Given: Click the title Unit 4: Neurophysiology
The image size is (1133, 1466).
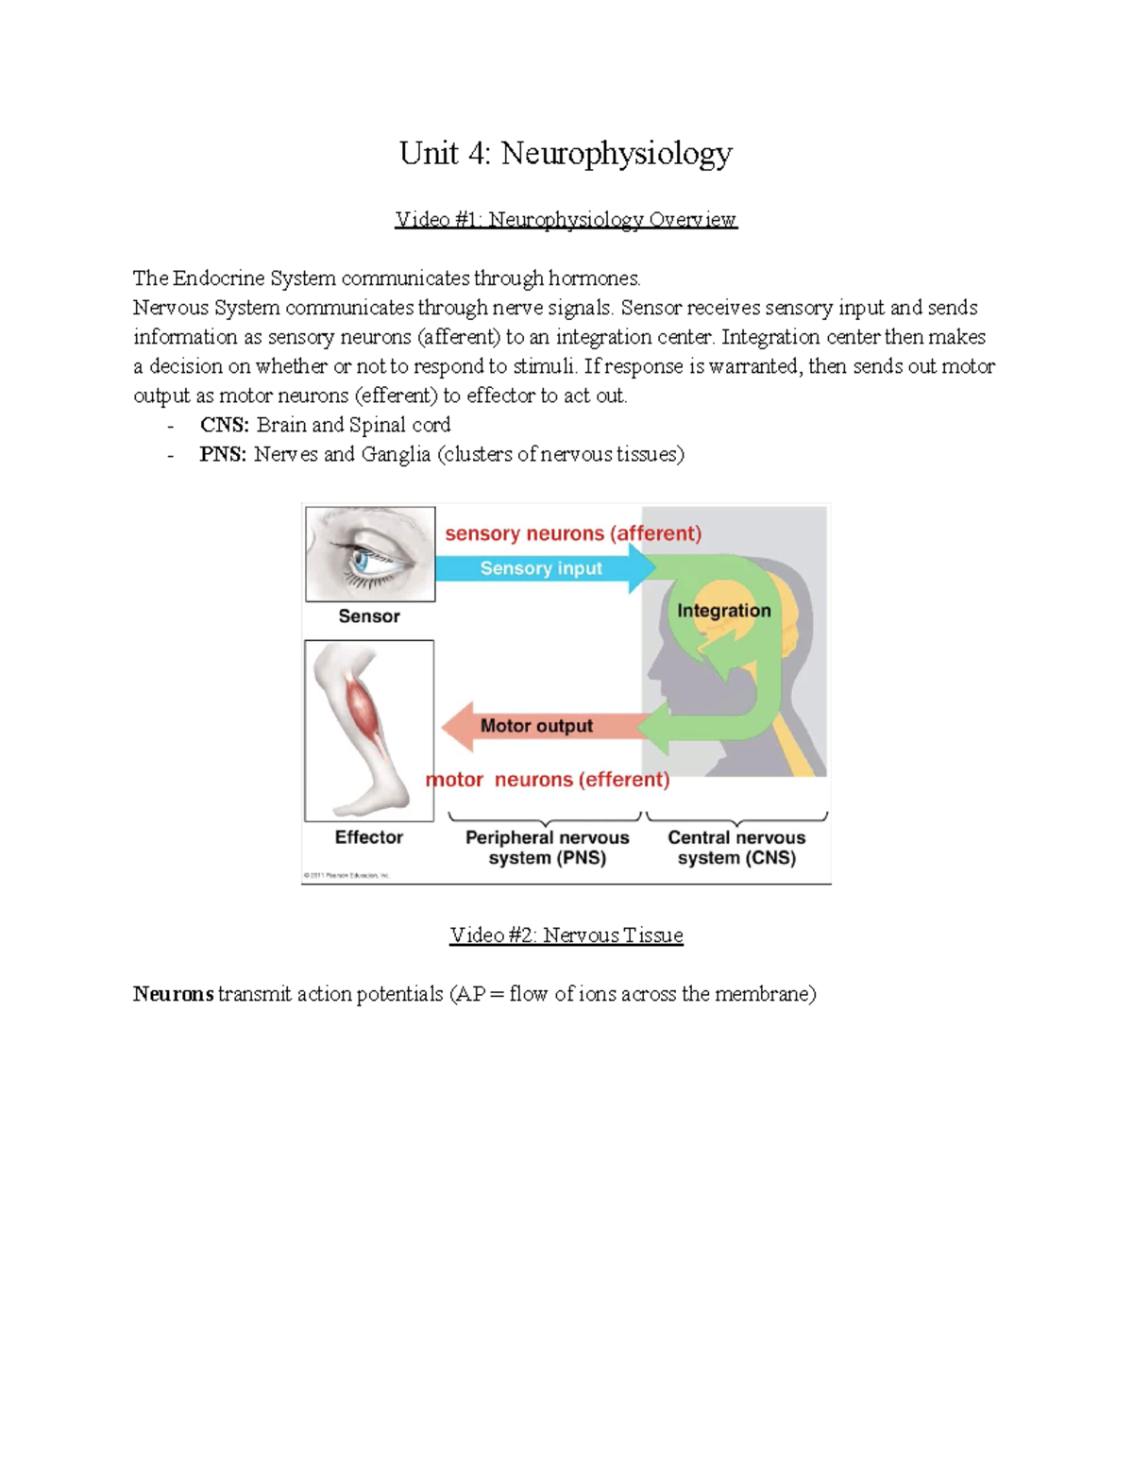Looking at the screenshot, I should click(x=566, y=153).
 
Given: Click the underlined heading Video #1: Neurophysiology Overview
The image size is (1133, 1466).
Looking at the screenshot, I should click(x=566, y=219).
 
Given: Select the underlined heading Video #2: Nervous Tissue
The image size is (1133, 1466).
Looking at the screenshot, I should click(x=566, y=935).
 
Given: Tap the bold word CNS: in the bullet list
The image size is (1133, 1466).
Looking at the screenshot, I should click(x=224, y=425).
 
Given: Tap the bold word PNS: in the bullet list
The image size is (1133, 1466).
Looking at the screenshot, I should click(x=223, y=454).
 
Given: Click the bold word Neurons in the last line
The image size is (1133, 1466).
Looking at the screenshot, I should click(x=173, y=994).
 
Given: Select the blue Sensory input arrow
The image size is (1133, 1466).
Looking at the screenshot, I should click(x=541, y=568).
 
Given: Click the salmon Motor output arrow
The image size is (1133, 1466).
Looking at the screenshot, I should click(x=536, y=726).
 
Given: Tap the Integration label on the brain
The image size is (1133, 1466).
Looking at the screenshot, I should click(x=723, y=611).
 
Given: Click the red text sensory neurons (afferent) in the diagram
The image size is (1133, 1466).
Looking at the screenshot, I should click(x=573, y=533).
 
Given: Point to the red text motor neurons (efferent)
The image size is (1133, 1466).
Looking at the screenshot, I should click(x=548, y=780).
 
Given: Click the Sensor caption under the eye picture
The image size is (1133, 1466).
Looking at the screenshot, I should click(x=369, y=616).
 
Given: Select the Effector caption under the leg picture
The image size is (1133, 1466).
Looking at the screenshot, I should click(x=368, y=837).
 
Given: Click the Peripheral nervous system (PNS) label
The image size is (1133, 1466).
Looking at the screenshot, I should click(x=547, y=848).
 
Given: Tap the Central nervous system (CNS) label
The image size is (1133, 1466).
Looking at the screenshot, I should click(x=736, y=848).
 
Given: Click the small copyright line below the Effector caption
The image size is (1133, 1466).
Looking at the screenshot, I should click(x=347, y=875).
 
